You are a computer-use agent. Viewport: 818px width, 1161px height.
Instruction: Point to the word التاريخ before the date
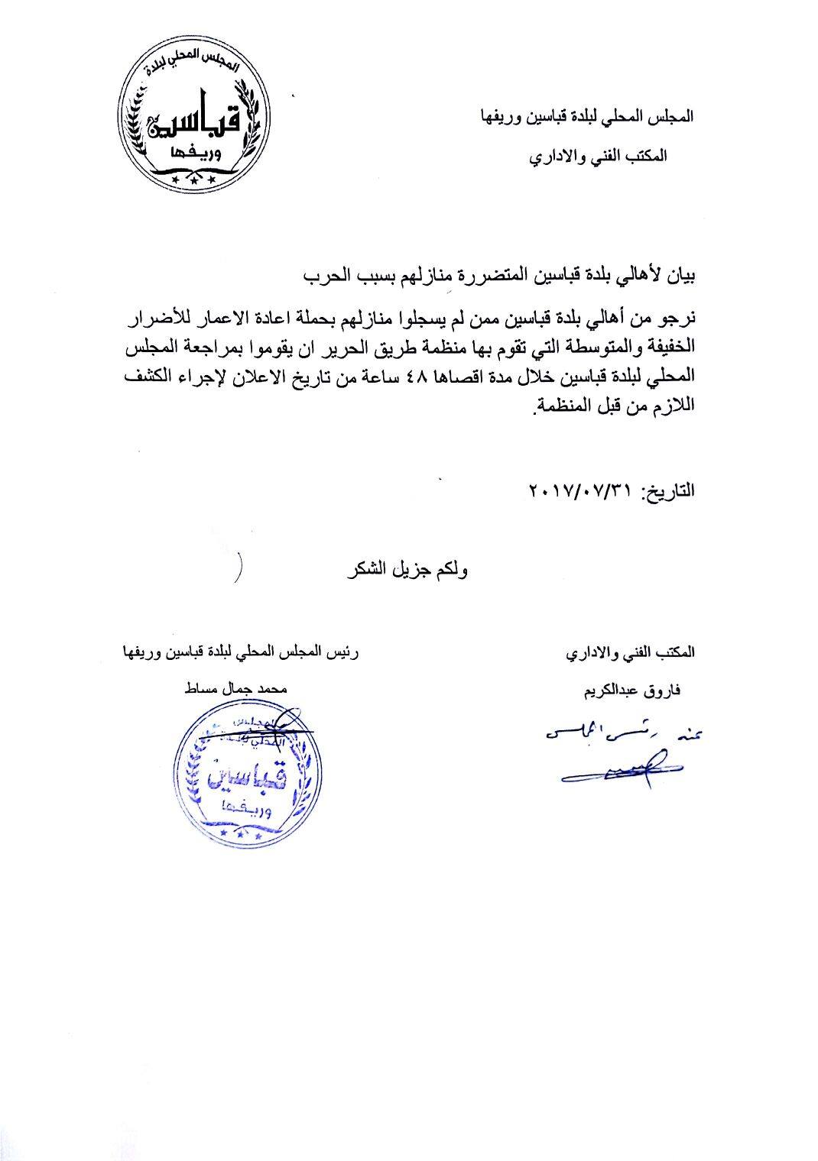click(x=670, y=490)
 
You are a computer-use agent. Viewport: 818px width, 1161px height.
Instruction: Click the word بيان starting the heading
click(x=683, y=274)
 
